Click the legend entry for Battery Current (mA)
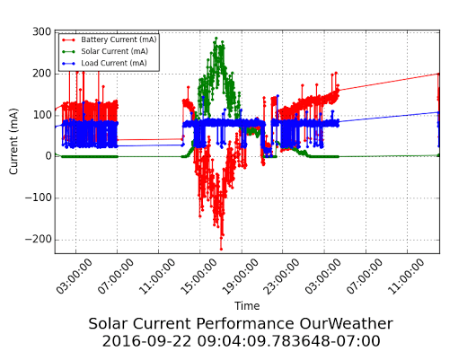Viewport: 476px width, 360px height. tap(109, 40)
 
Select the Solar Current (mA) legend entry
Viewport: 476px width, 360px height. tap(105, 51)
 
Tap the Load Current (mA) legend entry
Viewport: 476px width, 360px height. tap(104, 63)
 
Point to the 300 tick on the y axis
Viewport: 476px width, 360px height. tap(42, 31)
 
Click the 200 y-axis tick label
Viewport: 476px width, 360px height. tap(42, 74)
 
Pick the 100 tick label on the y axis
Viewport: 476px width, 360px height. tap(42, 115)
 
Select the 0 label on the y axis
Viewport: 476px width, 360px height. tap(48, 156)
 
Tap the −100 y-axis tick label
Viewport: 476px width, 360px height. tap(39, 198)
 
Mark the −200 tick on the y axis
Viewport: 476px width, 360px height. tap(39, 240)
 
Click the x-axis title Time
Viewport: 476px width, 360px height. tap(247, 305)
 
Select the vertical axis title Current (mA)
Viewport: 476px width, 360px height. tap(13, 142)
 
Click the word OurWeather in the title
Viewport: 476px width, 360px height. tap(346, 323)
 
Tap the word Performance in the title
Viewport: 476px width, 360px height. tap(245, 324)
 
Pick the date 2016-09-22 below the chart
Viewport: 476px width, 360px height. tap(146, 341)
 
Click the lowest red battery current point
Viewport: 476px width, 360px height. tap(221, 250)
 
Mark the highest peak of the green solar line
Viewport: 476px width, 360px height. tap(216, 39)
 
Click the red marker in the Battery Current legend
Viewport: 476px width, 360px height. tap(68, 40)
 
